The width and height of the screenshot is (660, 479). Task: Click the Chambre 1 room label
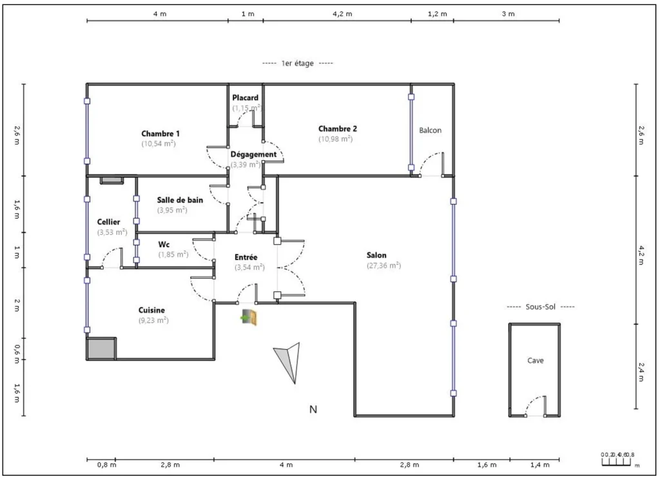click(x=160, y=134)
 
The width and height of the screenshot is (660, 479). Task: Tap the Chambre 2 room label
click(x=337, y=128)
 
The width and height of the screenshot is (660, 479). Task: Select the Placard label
click(x=246, y=98)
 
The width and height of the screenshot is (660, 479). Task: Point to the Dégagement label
click(x=253, y=154)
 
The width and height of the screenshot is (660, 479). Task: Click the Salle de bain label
click(x=180, y=200)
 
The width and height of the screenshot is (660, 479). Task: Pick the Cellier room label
click(x=108, y=222)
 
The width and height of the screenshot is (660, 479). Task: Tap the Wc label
click(x=164, y=245)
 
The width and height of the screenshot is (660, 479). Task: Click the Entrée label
click(x=246, y=257)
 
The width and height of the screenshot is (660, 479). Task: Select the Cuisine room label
click(x=151, y=310)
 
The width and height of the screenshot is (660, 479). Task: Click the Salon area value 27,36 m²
click(x=383, y=265)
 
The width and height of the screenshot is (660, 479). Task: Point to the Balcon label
click(x=431, y=130)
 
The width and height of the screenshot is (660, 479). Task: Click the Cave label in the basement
click(x=535, y=361)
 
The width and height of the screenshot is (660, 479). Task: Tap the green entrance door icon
click(x=249, y=317)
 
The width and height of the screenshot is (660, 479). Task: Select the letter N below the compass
click(x=313, y=409)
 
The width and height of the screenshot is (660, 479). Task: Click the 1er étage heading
click(x=297, y=63)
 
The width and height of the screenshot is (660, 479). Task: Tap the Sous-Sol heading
click(x=540, y=307)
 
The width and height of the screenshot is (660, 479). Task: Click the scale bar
click(x=617, y=460)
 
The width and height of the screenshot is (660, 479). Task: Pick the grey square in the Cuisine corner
click(x=101, y=348)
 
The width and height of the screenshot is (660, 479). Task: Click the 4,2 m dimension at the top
click(x=336, y=14)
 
